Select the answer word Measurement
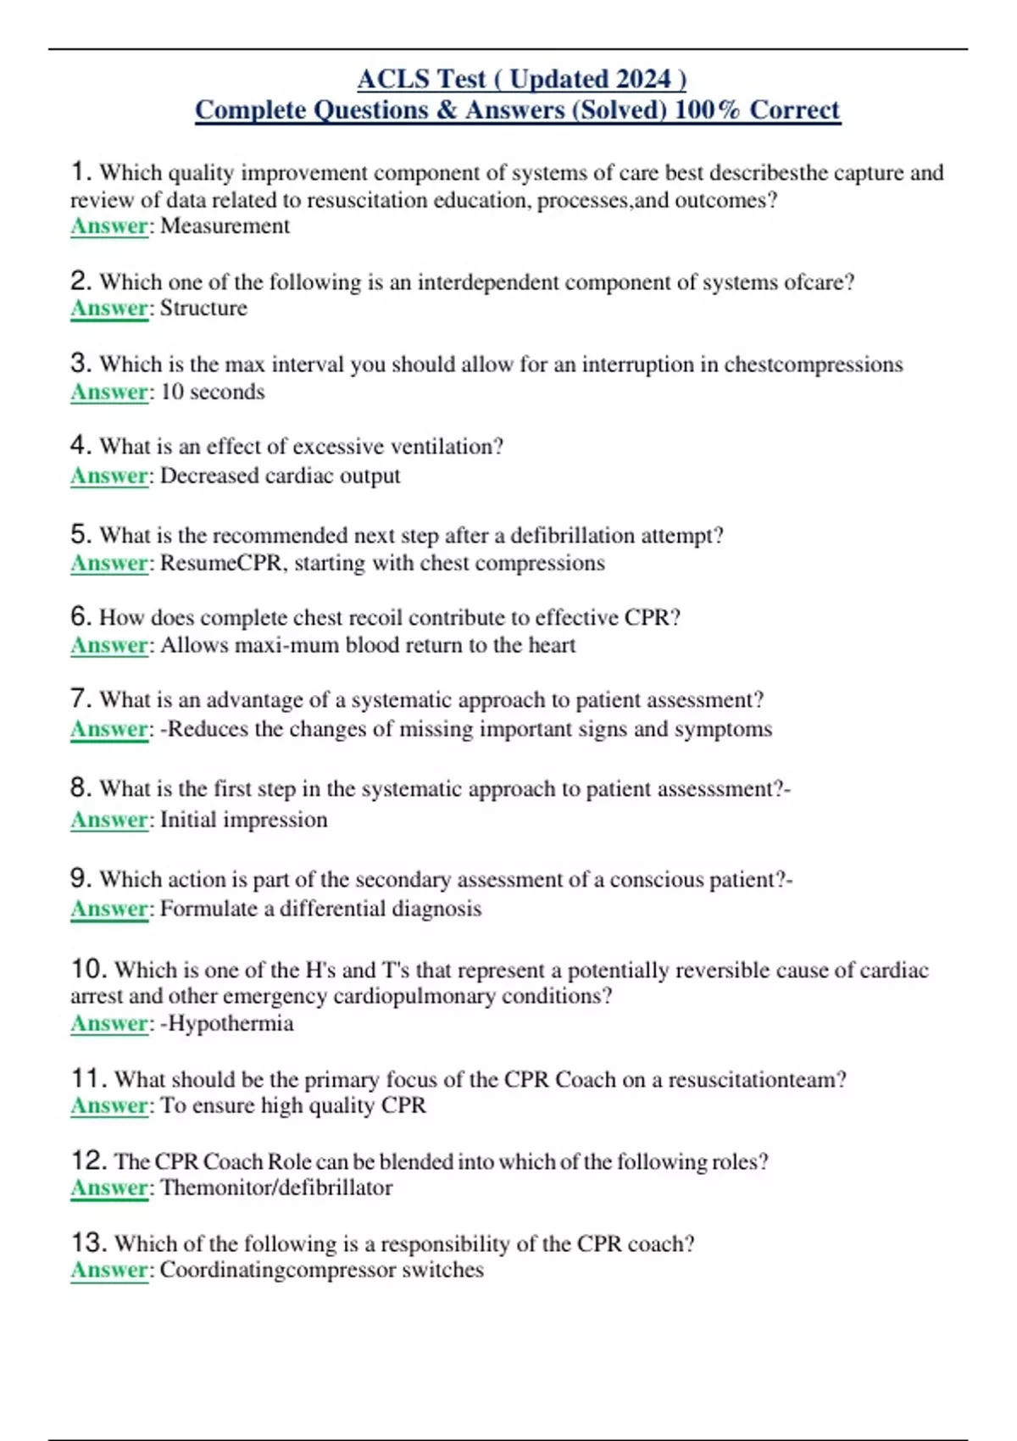(225, 226)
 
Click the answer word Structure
(203, 308)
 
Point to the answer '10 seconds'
(212, 392)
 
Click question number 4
(81, 445)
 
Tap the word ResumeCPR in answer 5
(220, 563)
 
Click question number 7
(81, 698)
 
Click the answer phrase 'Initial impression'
(243, 820)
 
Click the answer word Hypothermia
(230, 1023)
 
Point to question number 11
(88, 1078)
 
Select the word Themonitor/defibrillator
(276, 1188)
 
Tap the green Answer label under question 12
(109, 1188)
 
